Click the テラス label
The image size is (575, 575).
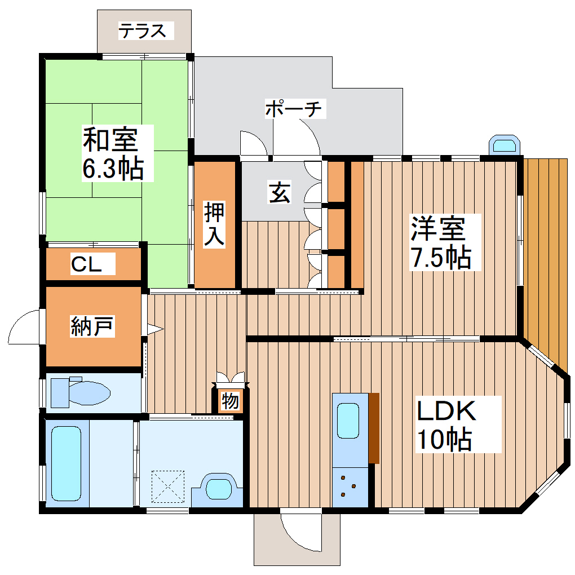click(143, 30)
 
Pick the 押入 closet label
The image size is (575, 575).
click(215, 224)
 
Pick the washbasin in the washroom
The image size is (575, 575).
click(219, 486)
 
